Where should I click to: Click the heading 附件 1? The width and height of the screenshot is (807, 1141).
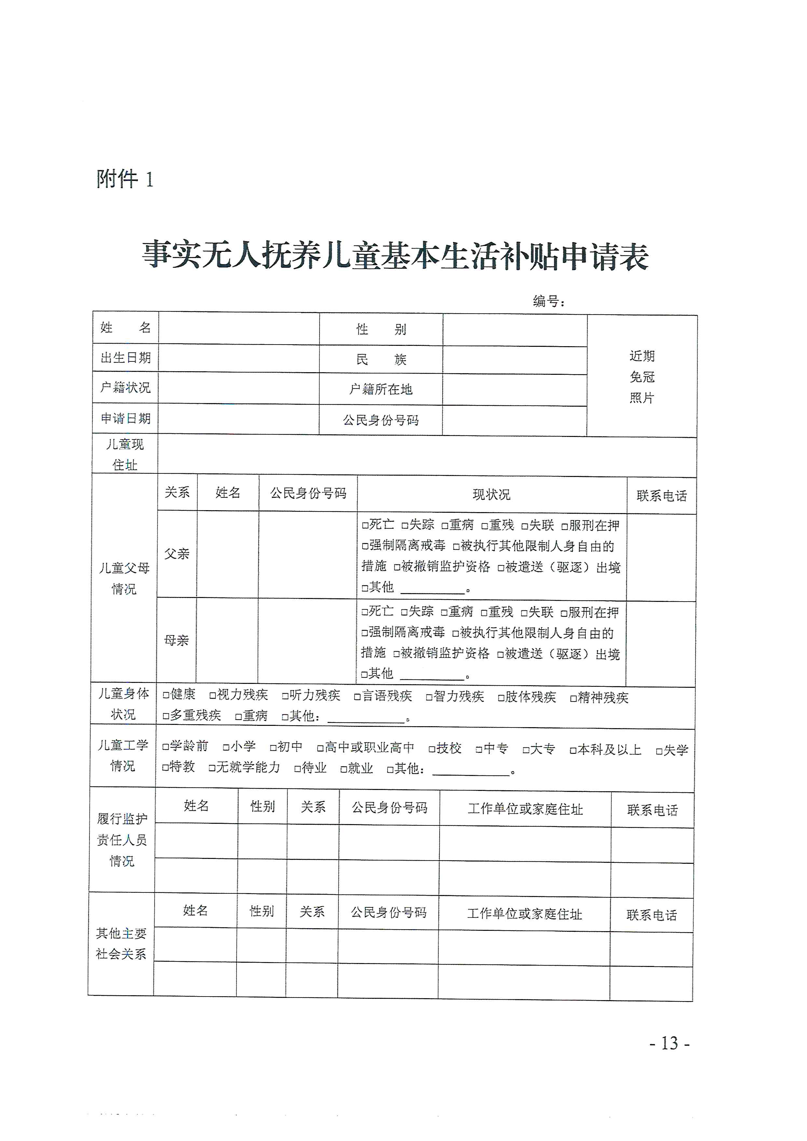click(125, 179)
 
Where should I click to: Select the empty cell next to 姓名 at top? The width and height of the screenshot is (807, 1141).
click(239, 328)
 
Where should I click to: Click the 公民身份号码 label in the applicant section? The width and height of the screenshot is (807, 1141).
click(381, 420)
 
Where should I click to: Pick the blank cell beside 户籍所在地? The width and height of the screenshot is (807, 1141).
click(514, 390)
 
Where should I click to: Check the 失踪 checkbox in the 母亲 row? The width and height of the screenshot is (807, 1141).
click(404, 612)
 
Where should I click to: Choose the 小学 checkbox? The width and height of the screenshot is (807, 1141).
click(226, 747)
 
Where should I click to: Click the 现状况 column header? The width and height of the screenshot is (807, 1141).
click(491, 495)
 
